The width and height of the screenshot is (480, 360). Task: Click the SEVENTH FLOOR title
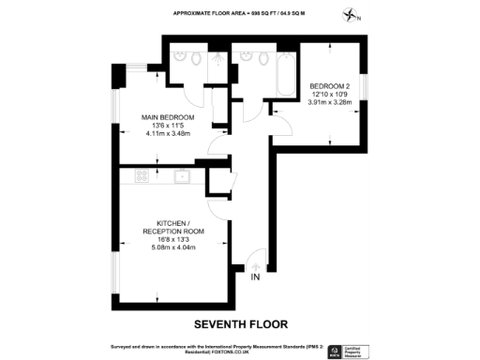239,325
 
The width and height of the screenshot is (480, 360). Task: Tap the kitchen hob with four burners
142,175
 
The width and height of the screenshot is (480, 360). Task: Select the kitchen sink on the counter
180,175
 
